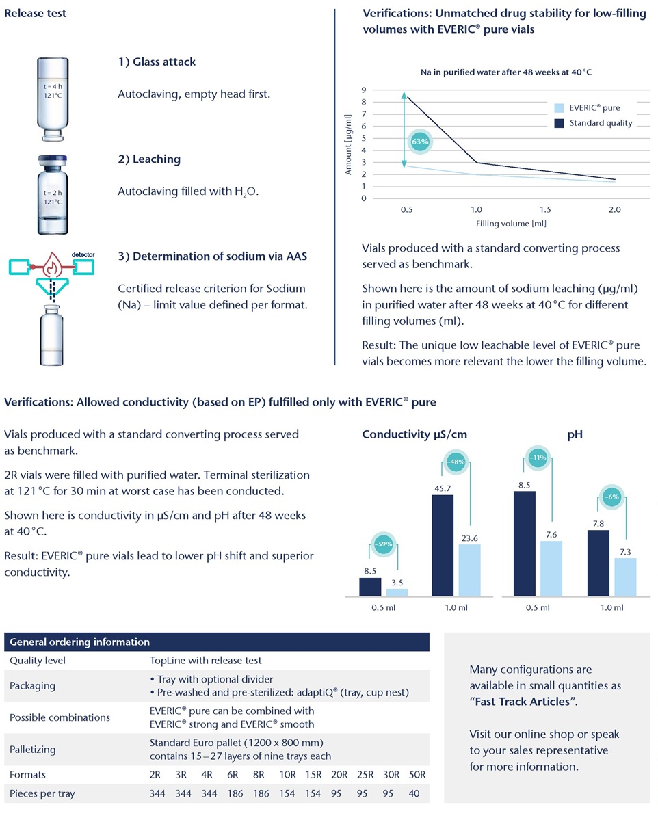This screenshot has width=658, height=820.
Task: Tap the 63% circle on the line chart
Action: pos(420,142)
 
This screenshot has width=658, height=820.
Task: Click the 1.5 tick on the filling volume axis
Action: pos(545,210)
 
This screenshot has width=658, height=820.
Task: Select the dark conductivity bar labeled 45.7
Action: pos(443,545)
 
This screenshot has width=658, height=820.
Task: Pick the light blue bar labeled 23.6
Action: pos(469,570)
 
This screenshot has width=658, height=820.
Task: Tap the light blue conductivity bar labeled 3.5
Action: pos(397,592)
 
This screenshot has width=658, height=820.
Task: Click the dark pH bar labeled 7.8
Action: pos(598,563)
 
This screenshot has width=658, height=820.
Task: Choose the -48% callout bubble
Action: pos(456,462)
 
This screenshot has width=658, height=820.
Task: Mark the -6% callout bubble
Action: pos(611,497)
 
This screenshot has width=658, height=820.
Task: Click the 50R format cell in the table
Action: pos(417,775)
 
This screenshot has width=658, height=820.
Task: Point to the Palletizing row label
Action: pos(33,749)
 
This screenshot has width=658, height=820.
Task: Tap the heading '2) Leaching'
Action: pos(149,159)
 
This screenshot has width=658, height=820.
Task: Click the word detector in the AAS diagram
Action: pos(82,254)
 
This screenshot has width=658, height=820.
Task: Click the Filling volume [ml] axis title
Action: pos(511,224)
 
